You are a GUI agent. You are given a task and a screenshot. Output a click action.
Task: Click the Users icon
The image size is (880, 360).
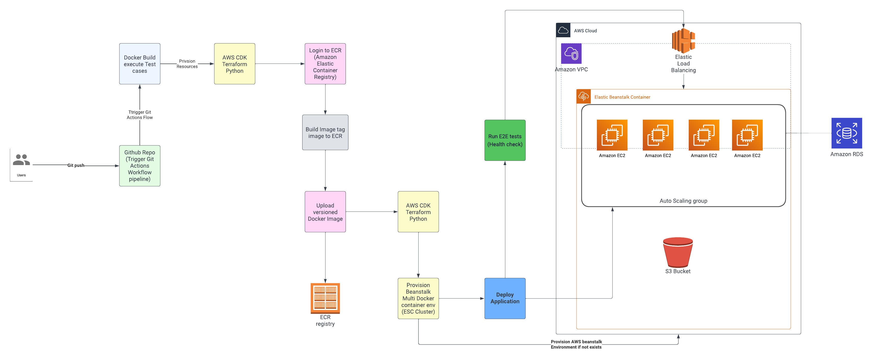click(21, 160)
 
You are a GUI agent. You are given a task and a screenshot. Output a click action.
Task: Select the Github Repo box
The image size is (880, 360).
click(140, 166)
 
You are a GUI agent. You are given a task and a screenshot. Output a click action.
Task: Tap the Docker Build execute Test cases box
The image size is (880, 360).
click(140, 64)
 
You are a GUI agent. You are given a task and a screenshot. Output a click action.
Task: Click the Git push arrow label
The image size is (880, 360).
click(76, 165)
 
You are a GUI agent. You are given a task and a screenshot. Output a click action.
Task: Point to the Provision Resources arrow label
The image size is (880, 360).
click(187, 64)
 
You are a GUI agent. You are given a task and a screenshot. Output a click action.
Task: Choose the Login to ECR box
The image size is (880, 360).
click(325, 64)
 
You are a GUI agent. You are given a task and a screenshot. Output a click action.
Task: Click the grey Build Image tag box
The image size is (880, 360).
click(325, 132)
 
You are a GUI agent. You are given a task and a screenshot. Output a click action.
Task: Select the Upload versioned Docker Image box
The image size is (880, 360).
click(325, 212)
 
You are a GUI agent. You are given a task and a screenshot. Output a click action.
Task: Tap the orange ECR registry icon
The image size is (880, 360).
click(325, 298)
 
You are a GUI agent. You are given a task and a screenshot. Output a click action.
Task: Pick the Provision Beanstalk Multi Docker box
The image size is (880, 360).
click(418, 298)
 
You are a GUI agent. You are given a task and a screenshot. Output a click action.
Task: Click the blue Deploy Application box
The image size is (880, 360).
click(505, 298)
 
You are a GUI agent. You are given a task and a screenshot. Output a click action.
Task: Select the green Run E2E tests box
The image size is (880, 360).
click(505, 140)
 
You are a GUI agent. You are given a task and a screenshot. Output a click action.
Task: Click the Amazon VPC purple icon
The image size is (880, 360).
click(571, 54)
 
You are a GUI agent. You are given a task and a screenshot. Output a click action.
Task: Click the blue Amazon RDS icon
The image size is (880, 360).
click(847, 133)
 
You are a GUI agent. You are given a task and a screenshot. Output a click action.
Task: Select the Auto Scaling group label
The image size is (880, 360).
click(683, 201)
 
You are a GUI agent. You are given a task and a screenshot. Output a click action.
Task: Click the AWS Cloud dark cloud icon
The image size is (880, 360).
click(563, 30)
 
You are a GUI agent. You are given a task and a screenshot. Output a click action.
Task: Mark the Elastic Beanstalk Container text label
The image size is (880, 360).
click(622, 97)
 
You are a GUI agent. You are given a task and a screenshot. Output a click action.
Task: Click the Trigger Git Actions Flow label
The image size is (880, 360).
click(140, 115)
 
